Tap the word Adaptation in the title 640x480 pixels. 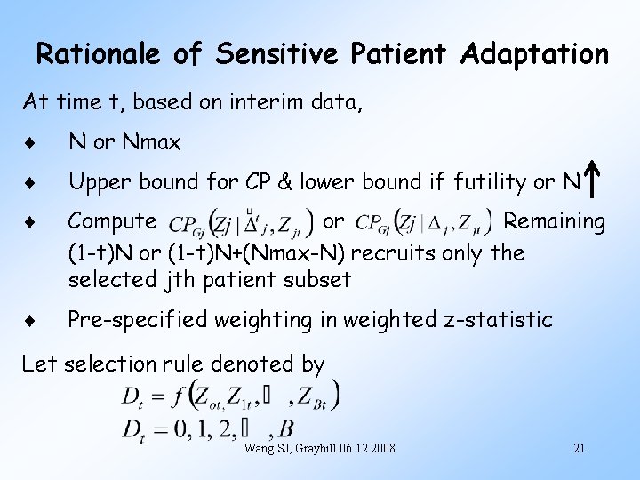535,54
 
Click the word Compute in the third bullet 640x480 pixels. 112,220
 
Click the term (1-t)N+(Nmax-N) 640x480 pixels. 257,253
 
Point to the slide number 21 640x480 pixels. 579,448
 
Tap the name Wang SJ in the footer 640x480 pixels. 264,448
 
